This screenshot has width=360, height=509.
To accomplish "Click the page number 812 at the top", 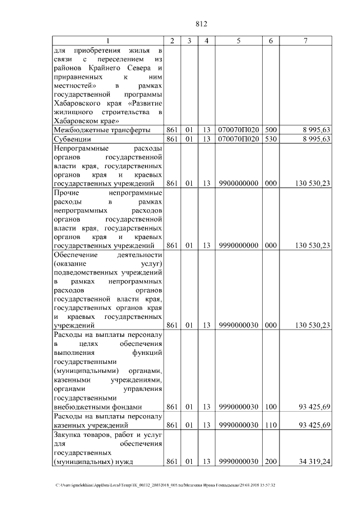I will pos(201,24).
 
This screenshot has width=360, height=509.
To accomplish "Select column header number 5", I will pos(238,41).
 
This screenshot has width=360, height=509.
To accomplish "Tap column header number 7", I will pos(305,41).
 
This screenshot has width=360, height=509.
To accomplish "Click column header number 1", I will pos(109,41).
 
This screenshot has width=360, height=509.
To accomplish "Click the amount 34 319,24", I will pos(312,462).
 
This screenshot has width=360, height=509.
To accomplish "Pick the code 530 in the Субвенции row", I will pos(271,139).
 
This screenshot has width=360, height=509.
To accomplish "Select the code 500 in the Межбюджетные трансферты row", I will pos(271,130).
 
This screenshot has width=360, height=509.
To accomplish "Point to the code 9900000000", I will pos(238,183).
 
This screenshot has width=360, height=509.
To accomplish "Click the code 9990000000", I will pos(238,245).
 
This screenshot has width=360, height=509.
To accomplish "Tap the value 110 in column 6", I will pos(271,425).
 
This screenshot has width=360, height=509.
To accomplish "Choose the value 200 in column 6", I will pos(271,462).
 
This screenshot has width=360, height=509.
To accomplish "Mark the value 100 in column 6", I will pos(271,407).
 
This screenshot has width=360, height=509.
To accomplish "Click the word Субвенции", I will pos(72,139).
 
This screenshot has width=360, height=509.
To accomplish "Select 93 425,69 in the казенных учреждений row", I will pos(312,425).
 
